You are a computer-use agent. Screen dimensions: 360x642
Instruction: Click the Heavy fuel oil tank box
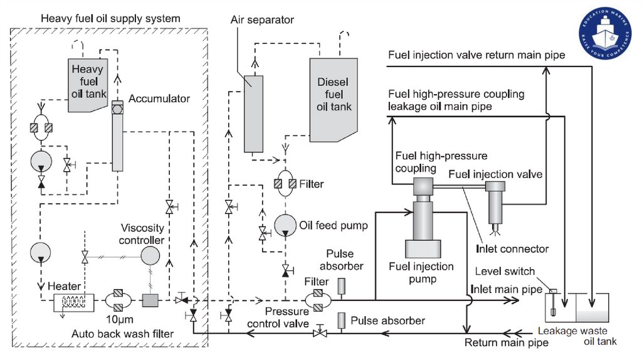point(88,85)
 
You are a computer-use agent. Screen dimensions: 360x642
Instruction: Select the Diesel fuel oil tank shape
point(333,97)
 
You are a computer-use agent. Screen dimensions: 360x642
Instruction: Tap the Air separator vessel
point(253,113)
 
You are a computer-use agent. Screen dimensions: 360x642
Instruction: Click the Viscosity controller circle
point(150,256)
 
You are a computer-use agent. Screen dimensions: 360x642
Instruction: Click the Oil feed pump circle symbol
point(285,225)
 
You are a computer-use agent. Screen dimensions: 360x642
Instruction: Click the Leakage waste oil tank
point(577,310)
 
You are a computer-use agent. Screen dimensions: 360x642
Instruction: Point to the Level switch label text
point(505,272)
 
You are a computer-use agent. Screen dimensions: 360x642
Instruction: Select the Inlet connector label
point(512,249)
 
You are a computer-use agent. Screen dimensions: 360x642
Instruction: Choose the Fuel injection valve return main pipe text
point(476,55)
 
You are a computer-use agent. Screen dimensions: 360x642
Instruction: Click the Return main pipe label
point(506,342)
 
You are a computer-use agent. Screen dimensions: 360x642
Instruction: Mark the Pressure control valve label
point(278,317)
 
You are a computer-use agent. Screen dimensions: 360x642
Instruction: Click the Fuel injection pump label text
point(421,272)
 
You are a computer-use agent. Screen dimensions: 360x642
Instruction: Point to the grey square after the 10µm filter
point(150,300)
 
